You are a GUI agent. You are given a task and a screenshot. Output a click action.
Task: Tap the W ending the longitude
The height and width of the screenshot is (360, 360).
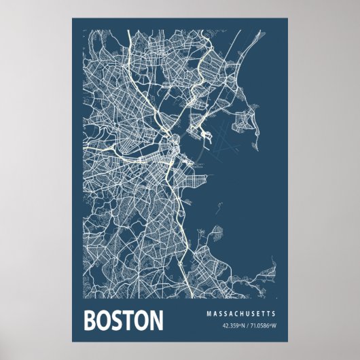tap(274, 327)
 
